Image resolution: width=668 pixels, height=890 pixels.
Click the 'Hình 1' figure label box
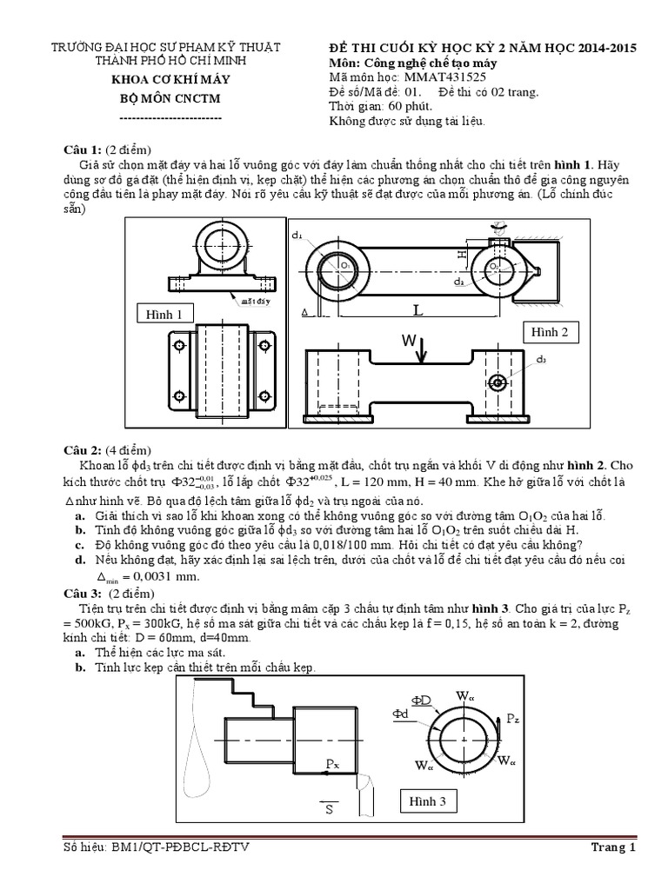click(x=164, y=315)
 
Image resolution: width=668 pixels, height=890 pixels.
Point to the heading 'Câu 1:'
click(x=83, y=149)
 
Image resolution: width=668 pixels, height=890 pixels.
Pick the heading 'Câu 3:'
click(x=83, y=594)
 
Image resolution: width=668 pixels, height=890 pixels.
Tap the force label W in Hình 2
click(x=408, y=341)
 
